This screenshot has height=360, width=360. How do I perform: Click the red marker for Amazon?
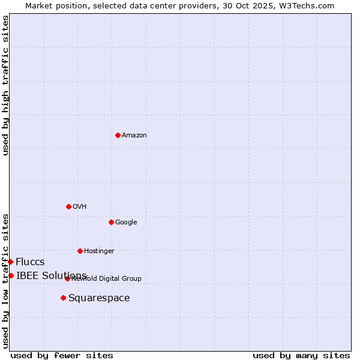[x=118, y=135]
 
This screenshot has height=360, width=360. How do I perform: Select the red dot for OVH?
[x=68, y=206]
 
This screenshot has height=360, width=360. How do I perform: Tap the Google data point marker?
[x=111, y=222]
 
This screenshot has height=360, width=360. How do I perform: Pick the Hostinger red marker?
[x=80, y=251]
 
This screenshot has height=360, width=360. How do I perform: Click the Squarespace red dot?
[x=63, y=298]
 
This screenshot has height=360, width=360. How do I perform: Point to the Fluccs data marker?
[x=10, y=262]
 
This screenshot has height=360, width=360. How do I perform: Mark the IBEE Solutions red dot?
[x=11, y=275]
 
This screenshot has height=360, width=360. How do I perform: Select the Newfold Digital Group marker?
[x=67, y=278]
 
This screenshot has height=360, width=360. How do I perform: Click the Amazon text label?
[x=134, y=136]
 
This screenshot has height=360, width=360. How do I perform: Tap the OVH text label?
[x=80, y=207]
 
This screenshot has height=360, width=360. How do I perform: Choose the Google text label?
[x=126, y=223]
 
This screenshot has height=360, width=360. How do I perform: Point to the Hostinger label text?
[x=99, y=251]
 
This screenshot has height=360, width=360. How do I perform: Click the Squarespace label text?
[x=99, y=298]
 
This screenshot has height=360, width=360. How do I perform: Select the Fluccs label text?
[x=30, y=262]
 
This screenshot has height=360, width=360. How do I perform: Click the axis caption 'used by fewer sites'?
[x=62, y=355]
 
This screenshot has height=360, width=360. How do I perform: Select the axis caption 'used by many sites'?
[x=301, y=355]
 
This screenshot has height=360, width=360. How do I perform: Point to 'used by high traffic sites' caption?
[x=5, y=85]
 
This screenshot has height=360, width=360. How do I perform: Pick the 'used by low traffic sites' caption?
[x=5, y=281]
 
